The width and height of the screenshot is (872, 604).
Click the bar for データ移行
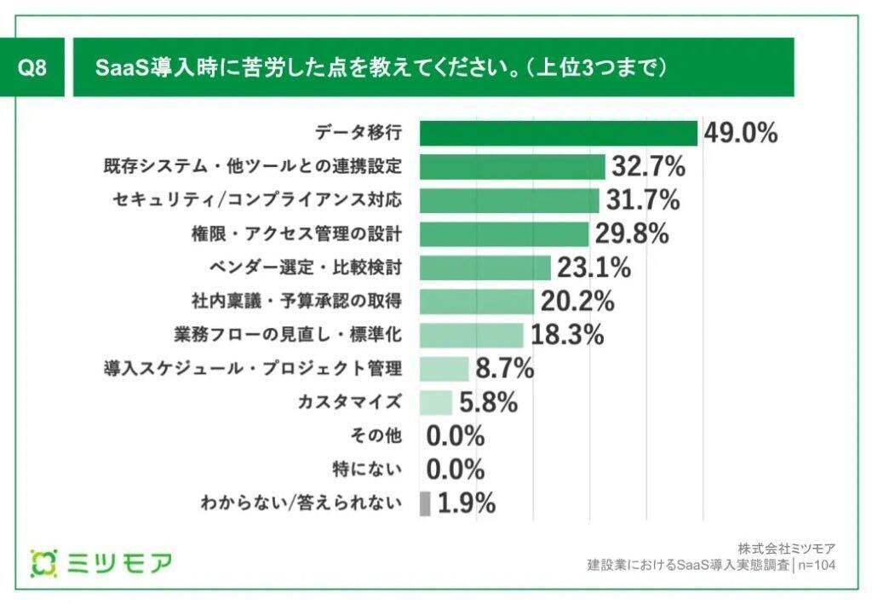point(559,134)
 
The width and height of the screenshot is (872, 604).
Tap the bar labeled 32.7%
point(512,167)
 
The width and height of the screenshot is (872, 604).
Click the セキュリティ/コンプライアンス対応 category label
point(256,200)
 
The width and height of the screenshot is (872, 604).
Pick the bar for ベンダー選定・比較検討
point(485,267)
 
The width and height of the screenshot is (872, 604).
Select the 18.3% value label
point(567,334)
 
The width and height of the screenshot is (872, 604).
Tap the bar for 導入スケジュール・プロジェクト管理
point(445,368)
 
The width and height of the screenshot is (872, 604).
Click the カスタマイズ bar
point(436,402)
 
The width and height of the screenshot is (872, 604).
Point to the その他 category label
point(378,435)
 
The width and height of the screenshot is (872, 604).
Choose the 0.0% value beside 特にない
point(456,469)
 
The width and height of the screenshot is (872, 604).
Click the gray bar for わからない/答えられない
point(425,503)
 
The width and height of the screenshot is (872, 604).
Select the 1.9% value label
point(467,503)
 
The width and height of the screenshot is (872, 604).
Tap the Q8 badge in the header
point(32,67)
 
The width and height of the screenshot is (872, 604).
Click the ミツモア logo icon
point(43,563)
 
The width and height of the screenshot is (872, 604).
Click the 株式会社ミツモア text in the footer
point(786,548)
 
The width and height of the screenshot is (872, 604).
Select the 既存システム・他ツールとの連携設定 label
point(247,167)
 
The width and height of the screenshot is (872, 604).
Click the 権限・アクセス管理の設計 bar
point(504,234)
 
